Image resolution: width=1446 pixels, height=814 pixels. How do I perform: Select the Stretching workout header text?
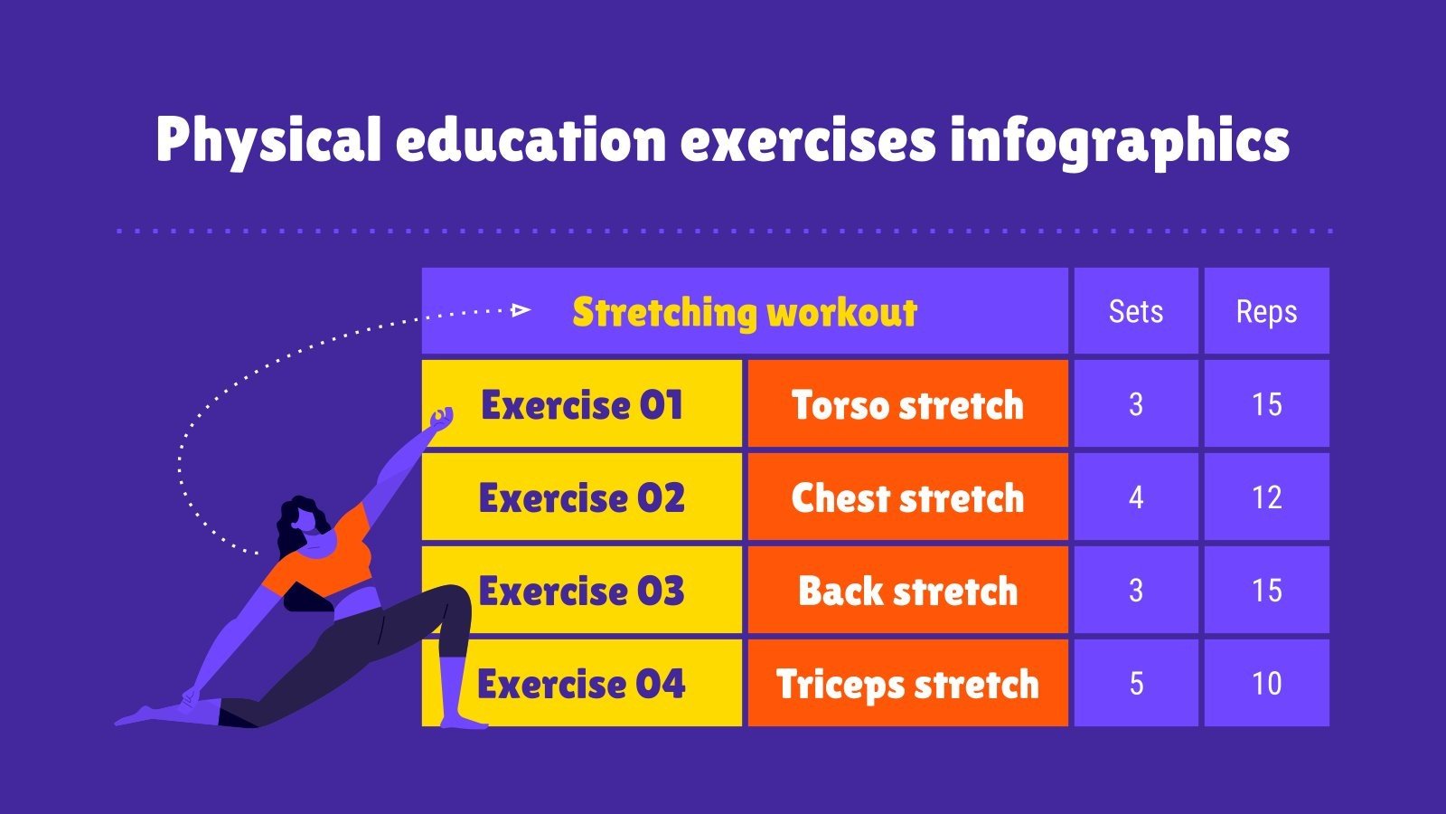tap(745, 312)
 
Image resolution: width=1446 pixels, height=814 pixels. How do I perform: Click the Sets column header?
tap(1136, 311)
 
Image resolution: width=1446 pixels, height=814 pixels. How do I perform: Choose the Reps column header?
tap(1266, 311)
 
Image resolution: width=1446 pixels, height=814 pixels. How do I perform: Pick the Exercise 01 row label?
tap(582, 404)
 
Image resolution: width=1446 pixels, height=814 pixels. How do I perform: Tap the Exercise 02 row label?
tap(582, 497)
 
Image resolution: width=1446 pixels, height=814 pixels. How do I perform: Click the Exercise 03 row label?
tap(582, 591)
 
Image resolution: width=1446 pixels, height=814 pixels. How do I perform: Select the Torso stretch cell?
tap(907, 404)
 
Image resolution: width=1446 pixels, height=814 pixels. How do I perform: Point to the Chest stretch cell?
tap(907, 497)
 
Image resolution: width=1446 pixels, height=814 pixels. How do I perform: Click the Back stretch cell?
tap(907, 591)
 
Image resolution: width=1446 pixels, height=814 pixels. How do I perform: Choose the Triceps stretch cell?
tap(907, 684)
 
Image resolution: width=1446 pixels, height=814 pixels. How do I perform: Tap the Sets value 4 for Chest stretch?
tap(1136, 497)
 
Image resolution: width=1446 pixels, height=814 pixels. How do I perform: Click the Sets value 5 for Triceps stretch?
tap(1136, 684)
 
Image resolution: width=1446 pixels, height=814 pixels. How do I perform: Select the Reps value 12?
tap(1266, 497)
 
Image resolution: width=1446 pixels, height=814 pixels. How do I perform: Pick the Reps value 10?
tap(1266, 684)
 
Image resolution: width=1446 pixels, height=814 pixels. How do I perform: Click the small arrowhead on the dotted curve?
tap(521, 310)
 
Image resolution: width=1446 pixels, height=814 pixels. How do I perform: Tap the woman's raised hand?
tap(441, 419)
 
